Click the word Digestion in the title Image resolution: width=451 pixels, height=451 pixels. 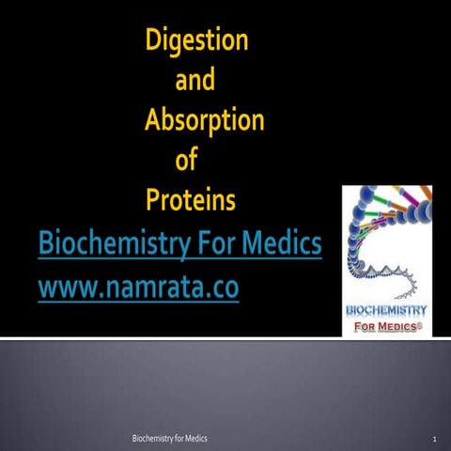coord(195,41)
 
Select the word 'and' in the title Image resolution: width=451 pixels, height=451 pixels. coord(194,81)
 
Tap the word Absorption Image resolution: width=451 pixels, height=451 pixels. coord(204,122)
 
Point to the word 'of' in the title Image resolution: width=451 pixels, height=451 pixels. coord(187,161)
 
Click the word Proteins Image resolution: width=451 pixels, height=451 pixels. coord(190,200)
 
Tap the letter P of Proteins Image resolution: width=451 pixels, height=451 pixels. coord(153,200)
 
